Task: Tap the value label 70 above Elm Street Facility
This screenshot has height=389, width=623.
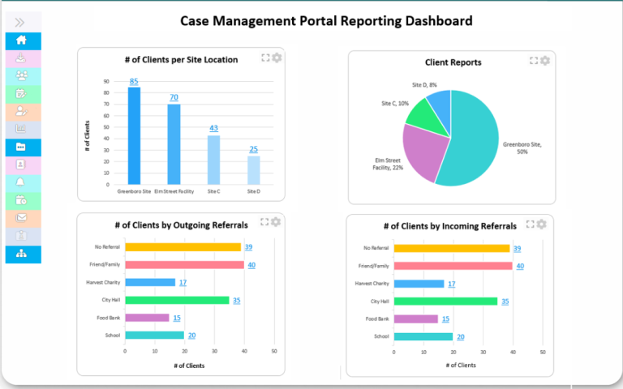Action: (x=174, y=98)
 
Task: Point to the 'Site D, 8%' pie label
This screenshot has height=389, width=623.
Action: (x=424, y=84)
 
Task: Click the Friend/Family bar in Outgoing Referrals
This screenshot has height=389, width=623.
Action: (x=184, y=265)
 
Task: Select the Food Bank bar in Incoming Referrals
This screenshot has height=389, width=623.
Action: (x=415, y=318)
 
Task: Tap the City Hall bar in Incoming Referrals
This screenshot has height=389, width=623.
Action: (x=445, y=301)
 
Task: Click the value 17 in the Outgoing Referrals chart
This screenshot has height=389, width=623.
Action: (x=183, y=283)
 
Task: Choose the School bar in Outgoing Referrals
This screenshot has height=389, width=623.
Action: (x=154, y=336)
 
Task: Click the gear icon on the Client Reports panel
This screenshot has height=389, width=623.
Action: (x=545, y=61)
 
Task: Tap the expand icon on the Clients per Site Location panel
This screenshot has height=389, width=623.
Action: (x=265, y=58)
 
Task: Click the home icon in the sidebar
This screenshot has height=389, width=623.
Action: (x=22, y=41)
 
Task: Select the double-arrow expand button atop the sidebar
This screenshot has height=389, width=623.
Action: (x=20, y=22)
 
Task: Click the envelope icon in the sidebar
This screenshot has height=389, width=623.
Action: (x=22, y=217)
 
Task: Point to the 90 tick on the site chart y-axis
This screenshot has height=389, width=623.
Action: (x=106, y=82)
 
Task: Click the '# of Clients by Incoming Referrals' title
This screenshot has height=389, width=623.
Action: (x=449, y=226)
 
